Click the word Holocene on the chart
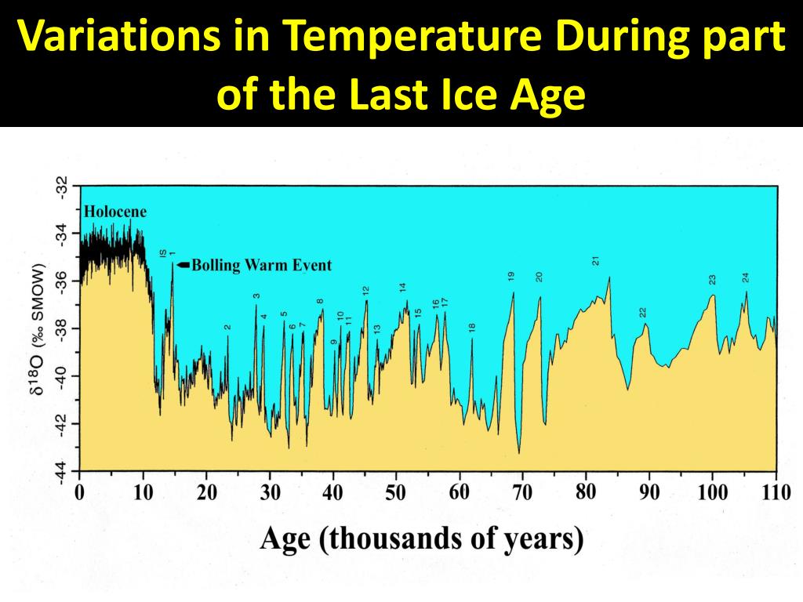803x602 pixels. (115, 212)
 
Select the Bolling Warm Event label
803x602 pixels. (261, 265)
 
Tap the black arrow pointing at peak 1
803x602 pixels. (183, 265)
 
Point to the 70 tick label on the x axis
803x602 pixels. (522, 493)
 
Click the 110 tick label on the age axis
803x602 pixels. (775, 493)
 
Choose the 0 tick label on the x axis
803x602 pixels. (79, 493)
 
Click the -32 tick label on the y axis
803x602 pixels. (61, 187)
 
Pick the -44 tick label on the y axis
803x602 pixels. (61, 473)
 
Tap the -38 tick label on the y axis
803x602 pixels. (61, 329)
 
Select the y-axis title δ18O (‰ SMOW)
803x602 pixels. (38, 329)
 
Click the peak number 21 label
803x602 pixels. (596, 261)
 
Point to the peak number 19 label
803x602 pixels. (511, 276)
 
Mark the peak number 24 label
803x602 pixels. (746, 277)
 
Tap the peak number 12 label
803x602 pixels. (365, 291)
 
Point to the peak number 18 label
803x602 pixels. (472, 328)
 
